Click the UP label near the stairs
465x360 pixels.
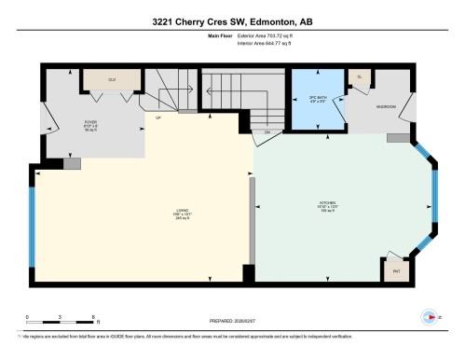(x=158, y=118)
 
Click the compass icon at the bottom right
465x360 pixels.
(x=430, y=318)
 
